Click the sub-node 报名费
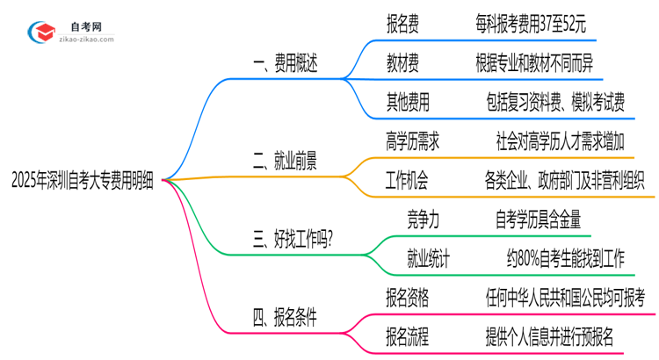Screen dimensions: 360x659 pyautogui.click(x=402, y=25)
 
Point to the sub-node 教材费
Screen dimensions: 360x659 pyautogui.click(x=402, y=63)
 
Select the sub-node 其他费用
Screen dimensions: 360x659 pyautogui.click(x=408, y=104)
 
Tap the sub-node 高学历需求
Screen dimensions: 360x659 pyautogui.click(x=411, y=141)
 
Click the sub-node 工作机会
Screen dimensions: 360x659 pyautogui.click(x=407, y=182)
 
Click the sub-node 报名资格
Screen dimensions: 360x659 pyautogui.click(x=407, y=298)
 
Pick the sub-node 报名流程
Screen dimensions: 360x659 pyautogui.click(x=407, y=337)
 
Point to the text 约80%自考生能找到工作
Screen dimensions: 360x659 pyautogui.click(x=564, y=258)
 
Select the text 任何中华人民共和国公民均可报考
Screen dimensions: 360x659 pyautogui.click(x=565, y=298)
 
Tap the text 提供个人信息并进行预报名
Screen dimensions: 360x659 pyautogui.click(x=549, y=337)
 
